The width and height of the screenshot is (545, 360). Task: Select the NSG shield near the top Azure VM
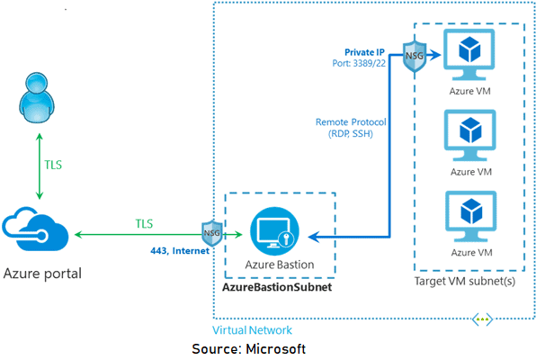pos(415,56)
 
